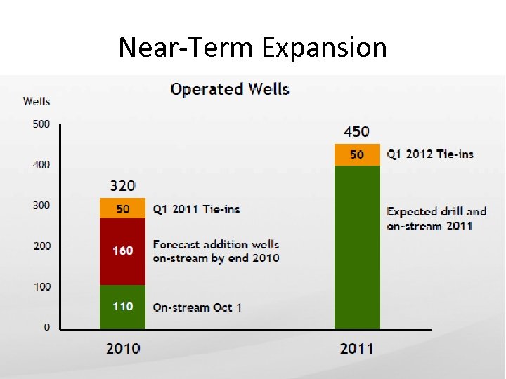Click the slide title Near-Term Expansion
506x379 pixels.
252,48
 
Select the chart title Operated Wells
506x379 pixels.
230,89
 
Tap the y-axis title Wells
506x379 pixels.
37,101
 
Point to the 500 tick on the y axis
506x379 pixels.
41,124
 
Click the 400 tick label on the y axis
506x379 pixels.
41,165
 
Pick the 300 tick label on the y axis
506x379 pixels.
41,206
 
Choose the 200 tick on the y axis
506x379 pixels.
41,246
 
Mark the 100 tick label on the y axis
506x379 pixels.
41,287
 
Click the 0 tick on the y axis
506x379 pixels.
46,327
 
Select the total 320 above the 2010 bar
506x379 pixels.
123,186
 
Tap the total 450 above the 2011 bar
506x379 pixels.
356,132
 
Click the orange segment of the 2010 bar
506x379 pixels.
123,208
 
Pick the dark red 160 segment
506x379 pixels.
123,251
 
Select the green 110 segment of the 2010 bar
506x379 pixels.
123,307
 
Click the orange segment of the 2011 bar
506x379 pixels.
357,154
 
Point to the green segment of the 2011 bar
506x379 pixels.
357,246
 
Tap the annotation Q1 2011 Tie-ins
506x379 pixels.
196,209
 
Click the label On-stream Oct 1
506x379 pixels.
197,307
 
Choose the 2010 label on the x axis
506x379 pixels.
123,348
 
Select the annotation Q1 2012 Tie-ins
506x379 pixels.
430,154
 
